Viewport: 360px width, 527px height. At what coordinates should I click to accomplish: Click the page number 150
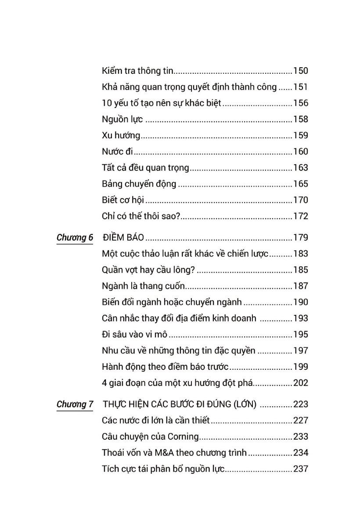(301, 71)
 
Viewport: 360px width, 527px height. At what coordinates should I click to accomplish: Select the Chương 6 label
(75, 238)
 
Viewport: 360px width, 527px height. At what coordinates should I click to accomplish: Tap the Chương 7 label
(75, 404)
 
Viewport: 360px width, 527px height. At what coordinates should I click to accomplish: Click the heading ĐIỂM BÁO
(123, 238)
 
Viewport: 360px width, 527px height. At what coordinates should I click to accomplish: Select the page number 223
(301, 404)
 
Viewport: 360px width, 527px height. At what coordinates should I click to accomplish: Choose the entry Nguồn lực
(122, 119)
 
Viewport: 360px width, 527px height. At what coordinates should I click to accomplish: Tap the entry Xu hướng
(121, 135)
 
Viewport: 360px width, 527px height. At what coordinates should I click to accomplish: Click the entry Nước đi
(117, 152)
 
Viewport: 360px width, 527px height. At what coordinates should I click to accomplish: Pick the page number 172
(301, 216)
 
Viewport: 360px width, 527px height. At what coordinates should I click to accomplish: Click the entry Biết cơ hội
(123, 200)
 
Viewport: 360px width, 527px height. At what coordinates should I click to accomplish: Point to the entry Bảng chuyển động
(139, 184)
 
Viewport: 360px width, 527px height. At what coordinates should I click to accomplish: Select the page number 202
(301, 383)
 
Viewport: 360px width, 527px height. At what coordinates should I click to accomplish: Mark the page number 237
(301, 469)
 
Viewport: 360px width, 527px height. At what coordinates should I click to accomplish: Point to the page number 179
(301, 238)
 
